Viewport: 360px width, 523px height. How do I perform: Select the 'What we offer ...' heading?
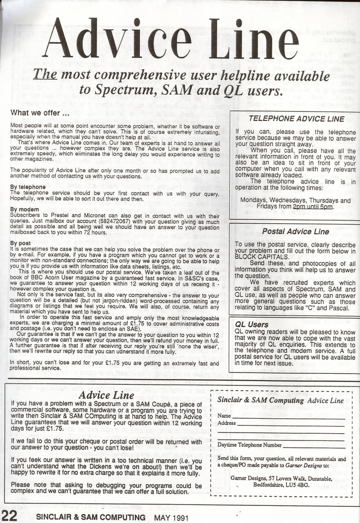tap(40, 112)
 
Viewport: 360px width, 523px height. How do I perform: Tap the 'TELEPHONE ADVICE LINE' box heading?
tap(296, 119)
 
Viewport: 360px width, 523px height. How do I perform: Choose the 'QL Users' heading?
tap(252, 324)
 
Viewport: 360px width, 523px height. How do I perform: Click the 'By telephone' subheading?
tap(28, 187)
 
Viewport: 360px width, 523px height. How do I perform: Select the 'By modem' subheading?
tap(24, 209)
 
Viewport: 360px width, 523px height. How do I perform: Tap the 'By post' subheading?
tap(21, 243)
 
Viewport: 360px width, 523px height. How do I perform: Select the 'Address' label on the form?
tap(226, 423)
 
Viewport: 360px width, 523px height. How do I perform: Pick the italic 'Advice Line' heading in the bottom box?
tap(106, 396)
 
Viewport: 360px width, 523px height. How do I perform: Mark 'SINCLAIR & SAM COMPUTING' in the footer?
tap(91, 517)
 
